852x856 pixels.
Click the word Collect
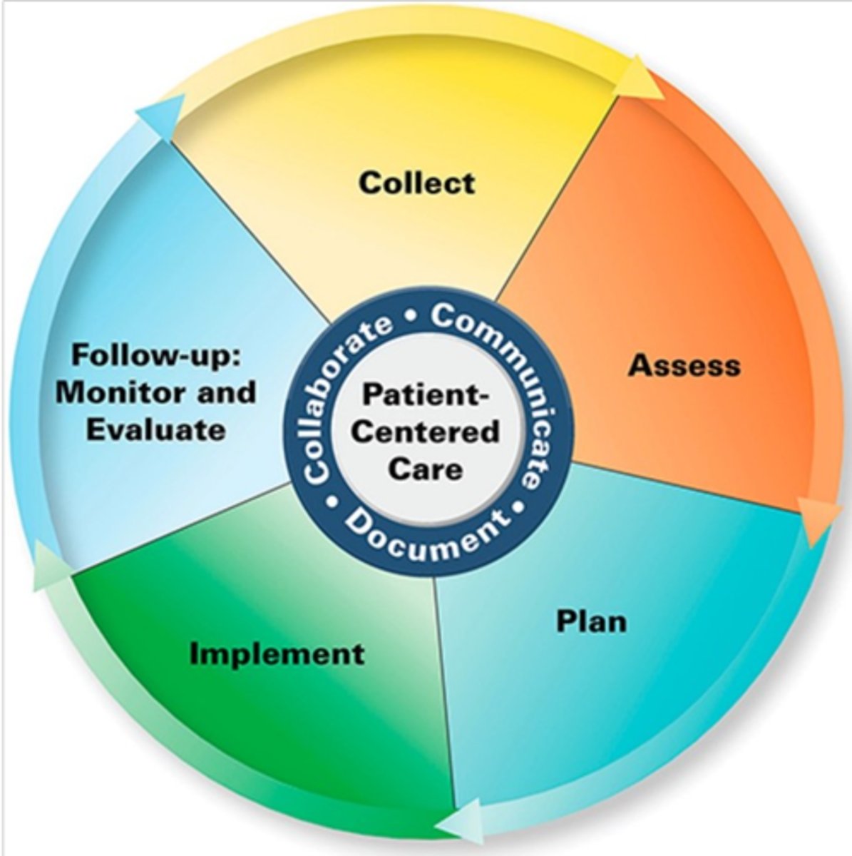pyautogui.click(x=416, y=183)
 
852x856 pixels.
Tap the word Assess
pyautogui.click(x=684, y=365)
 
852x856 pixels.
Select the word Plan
pyautogui.click(x=591, y=621)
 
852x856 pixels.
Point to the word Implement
pyautogui.click(x=277, y=653)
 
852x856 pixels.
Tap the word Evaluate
pyautogui.click(x=155, y=429)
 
